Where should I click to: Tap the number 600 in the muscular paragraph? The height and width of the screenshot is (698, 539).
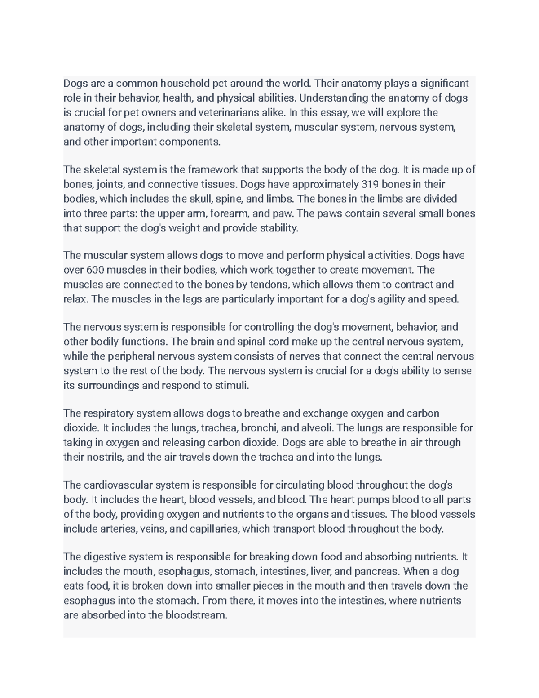(95, 270)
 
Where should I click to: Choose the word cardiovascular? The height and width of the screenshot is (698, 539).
(118, 485)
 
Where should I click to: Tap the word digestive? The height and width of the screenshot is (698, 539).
(105, 557)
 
